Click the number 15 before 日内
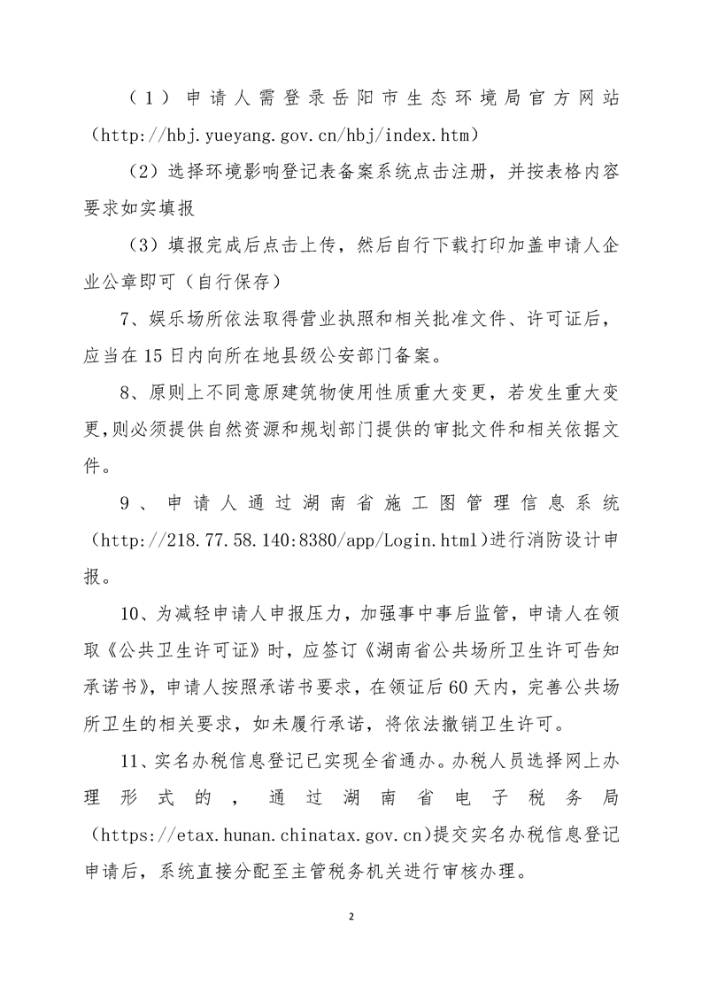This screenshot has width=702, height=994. pos(146,355)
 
